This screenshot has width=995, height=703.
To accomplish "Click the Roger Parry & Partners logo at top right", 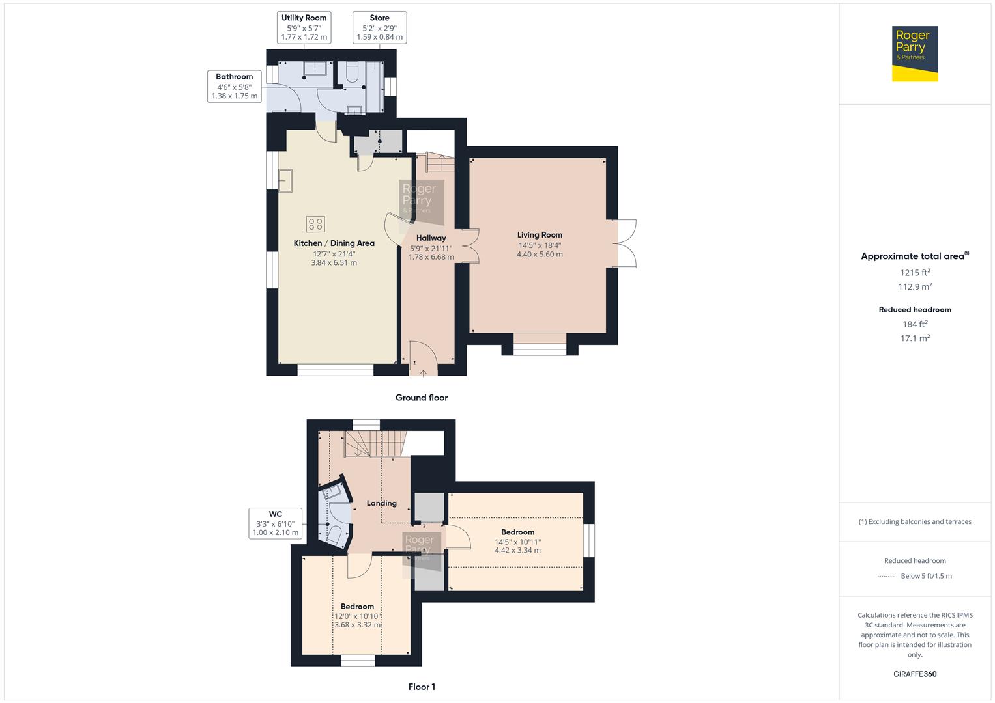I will (x=914, y=53).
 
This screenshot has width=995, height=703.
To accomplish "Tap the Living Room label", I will (x=540, y=235).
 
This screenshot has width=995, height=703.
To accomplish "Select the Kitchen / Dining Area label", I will (x=334, y=243).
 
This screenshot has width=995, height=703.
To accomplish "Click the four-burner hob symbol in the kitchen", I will (x=315, y=225).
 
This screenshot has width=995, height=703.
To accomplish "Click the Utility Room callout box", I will (x=304, y=27).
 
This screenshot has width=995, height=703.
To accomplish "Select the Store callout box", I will (x=380, y=27).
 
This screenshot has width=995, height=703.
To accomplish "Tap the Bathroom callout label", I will (x=234, y=77).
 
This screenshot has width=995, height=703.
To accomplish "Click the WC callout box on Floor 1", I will (x=276, y=523).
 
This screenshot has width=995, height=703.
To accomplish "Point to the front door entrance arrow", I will (x=423, y=372).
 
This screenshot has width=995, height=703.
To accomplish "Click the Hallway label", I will (x=431, y=238).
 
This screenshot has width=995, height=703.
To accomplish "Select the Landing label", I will (x=381, y=503).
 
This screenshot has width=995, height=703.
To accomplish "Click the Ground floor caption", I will (x=422, y=398).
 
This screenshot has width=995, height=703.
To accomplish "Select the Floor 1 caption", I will (x=422, y=687).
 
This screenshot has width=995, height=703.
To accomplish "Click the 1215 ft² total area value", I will (x=915, y=273).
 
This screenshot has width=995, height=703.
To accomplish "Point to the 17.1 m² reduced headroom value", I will (x=915, y=338).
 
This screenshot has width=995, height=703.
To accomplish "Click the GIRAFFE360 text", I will (x=915, y=674).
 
